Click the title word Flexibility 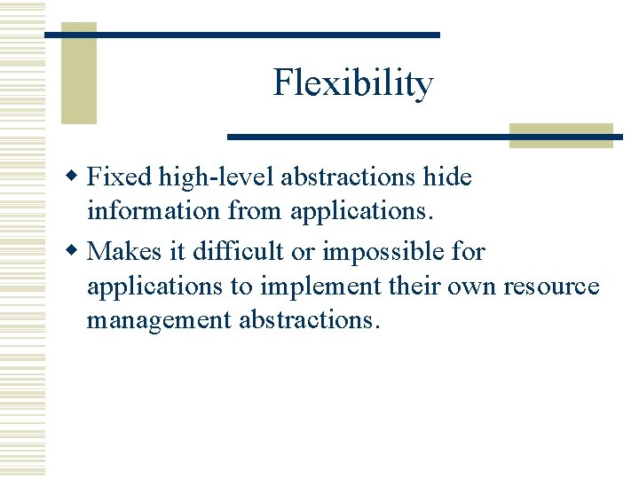click(353, 83)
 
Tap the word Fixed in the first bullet click(121, 177)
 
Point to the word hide click(447, 177)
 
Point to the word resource click(551, 287)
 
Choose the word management click(159, 319)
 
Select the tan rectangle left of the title click(78, 75)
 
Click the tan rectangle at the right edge click(561, 135)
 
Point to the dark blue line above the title click(241, 35)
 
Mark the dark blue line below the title click(424, 137)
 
